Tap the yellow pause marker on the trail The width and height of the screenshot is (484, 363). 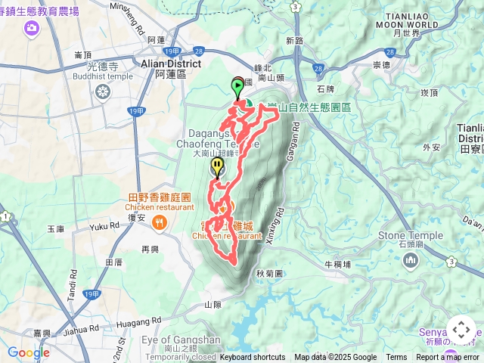(x=217, y=166)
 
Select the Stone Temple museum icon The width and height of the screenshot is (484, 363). (x=411, y=261)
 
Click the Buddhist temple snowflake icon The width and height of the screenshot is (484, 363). (x=103, y=92)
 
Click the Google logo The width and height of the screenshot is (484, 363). (x=28, y=352)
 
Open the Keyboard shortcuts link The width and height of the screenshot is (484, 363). (x=253, y=358)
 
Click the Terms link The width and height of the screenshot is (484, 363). (x=396, y=358)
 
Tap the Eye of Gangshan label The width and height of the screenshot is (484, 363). (x=181, y=340)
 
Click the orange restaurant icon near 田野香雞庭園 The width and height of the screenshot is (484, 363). (x=159, y=222)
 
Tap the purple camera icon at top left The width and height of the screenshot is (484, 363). (x=32, y=28)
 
